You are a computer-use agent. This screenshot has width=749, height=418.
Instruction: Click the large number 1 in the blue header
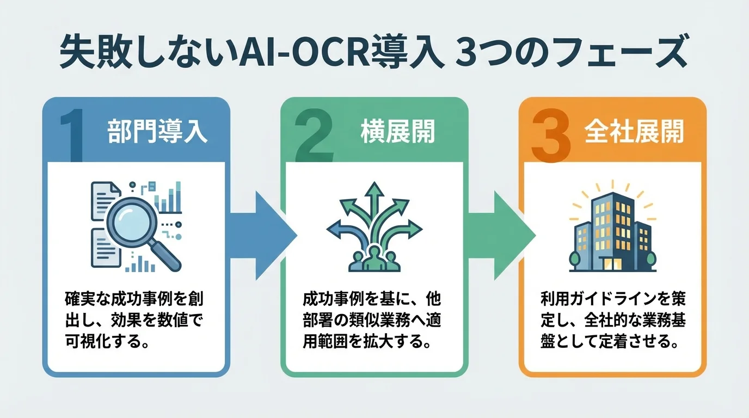click(69, 133)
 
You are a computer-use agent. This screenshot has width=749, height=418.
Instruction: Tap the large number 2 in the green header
click(315, 133)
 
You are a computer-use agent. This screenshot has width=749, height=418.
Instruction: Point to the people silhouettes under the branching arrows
click(373, 260)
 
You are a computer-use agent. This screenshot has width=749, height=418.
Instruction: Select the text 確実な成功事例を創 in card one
click(137, 300)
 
